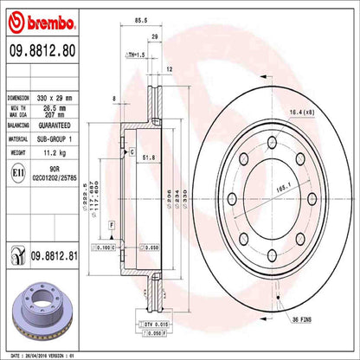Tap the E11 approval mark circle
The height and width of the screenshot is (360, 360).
[x=17, y=173]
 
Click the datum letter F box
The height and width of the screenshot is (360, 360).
[x=113, y=225]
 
